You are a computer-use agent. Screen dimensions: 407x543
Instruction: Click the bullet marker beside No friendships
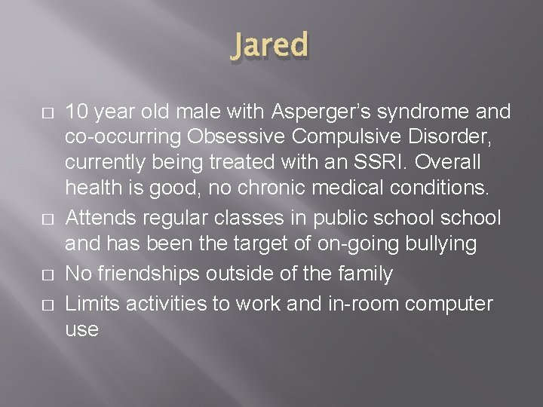[x=48, y=274]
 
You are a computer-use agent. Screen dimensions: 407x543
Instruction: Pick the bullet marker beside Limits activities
[x=48, y=303]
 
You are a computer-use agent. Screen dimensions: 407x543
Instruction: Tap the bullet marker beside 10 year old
[x=48, y=113]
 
